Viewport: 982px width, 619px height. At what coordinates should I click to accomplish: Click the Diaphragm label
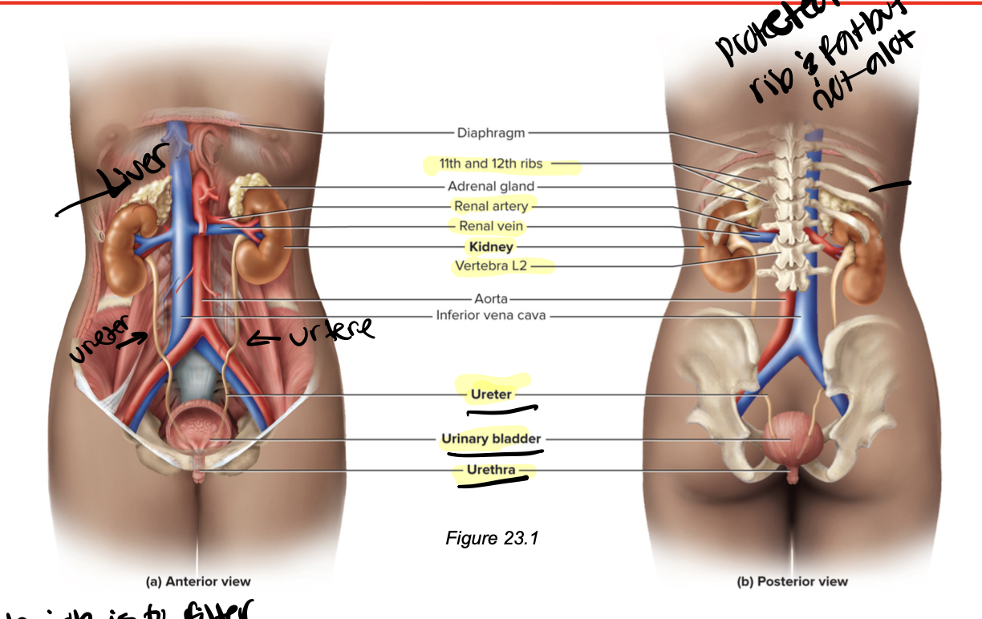coord(491,132)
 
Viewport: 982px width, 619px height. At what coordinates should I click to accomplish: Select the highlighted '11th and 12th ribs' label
coord(491,164)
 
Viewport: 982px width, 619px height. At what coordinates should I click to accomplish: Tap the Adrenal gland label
coord(491,187)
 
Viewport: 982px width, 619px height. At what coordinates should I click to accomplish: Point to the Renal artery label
coord(491,207)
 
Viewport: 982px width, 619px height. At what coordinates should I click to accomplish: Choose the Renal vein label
coord(491,227)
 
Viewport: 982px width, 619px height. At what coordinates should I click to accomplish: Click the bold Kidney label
coord(491,247)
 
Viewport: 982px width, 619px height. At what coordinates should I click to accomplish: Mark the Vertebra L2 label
coord(491,266)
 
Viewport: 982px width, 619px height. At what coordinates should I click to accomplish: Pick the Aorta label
coord(491,298)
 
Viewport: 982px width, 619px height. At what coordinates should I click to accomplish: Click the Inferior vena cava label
coord(491,316)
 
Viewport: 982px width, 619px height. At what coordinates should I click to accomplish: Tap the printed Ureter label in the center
coord(491,394)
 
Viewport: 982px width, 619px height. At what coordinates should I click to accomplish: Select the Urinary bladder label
coord(491,439)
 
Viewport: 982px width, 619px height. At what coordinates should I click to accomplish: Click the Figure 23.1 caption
coord(492,538)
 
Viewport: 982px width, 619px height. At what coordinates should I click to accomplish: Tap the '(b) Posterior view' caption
coord(792,582)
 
